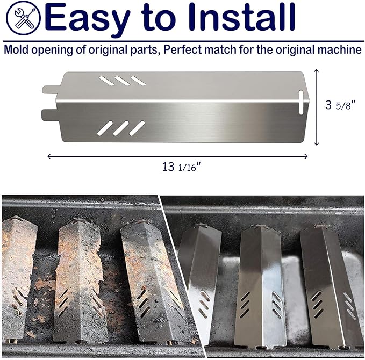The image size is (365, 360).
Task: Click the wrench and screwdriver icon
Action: click(x=23, y=18)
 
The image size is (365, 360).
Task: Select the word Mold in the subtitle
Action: click(x=16, y=49)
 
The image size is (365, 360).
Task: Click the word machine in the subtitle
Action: click(x=340, y=49)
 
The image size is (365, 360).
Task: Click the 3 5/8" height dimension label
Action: click(x=341, y=105)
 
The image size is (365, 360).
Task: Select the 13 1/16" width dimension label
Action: click(x=182, y=167)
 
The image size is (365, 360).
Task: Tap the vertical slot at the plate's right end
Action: click(x=301, y=103)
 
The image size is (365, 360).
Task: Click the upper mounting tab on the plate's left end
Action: click(x=49, y=90)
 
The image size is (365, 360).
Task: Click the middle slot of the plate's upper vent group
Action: click(x=122, y=81)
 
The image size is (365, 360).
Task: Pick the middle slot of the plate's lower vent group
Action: click(x=121, y=128)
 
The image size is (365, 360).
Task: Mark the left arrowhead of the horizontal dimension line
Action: click(x=49, y=156)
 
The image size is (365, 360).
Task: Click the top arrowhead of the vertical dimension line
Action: click(x=316, y=71)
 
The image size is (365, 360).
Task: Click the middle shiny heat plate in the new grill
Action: click(x=261, y=286)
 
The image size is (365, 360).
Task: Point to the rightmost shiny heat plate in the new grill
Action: click(x=331, y=286)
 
